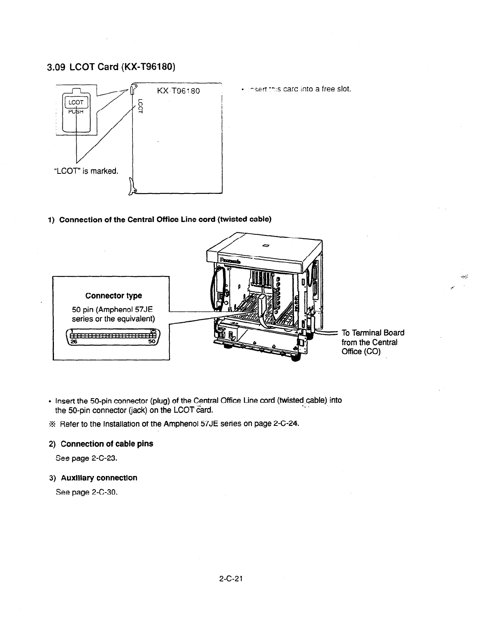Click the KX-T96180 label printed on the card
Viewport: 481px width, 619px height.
coord(179,91)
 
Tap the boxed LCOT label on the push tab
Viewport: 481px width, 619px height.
coord(77,102)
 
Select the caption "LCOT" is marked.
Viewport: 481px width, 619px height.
coord(85,171)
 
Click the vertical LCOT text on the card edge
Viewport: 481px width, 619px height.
coord(141,106)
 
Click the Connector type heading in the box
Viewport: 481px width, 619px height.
coord(114,296)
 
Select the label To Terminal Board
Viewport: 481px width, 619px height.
coord(373,333)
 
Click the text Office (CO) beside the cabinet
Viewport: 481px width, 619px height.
coord(361,352)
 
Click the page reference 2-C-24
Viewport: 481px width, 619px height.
coord(286,424)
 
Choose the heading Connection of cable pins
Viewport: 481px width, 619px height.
coord(107,444)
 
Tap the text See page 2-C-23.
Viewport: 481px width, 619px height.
coord(86,459)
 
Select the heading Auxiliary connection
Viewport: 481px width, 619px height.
coord(99,478)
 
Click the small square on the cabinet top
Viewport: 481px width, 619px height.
coord(265,245)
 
